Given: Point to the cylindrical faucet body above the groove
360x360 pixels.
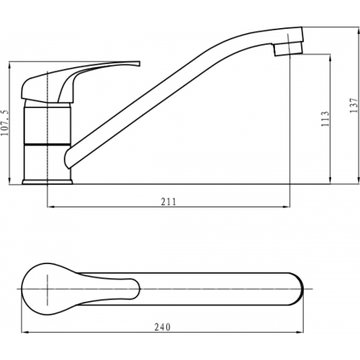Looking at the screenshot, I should pos(48,122).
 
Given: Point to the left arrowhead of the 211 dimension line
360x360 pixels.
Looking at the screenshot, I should pos(50,208).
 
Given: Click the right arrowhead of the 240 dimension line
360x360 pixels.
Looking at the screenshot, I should pos(303,333).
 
